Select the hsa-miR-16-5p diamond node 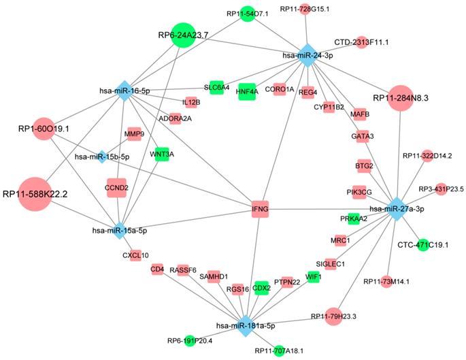(123, 91)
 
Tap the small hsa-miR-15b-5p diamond (101, 157)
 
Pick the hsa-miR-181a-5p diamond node (246, 325)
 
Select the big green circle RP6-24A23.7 (183, 35)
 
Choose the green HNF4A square (246, 90)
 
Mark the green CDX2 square (261, 288)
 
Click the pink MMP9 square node (133, 134)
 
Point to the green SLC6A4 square (216, 87)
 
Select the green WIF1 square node (313, 277)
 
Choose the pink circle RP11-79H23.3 (333, 316)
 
